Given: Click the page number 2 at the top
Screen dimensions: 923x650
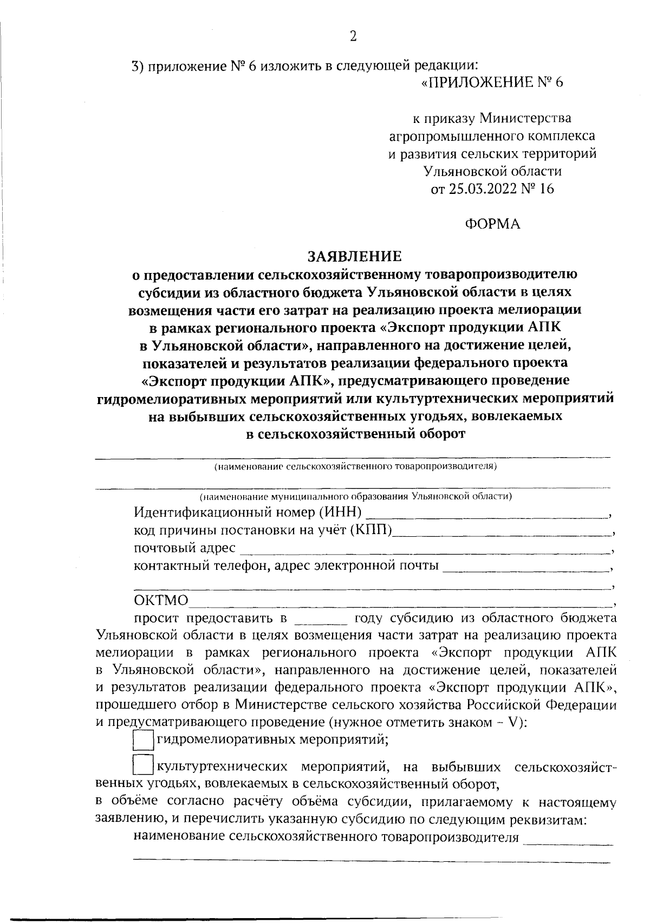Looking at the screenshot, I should (353, 36).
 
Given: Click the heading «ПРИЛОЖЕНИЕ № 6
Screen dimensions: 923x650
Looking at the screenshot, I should (492, 83).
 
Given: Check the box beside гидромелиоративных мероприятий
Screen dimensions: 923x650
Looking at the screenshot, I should (143, 740).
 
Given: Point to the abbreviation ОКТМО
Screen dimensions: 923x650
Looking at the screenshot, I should (161, 601).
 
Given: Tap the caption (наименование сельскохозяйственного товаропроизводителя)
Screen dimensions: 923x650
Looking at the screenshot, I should (355, 466).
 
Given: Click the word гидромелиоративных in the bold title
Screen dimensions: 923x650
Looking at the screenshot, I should (174, 399).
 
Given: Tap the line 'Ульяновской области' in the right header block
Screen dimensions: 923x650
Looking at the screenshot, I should (492, 171).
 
